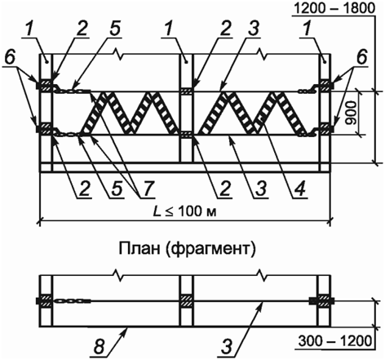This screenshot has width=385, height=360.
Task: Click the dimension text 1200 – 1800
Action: pyautogui.click(x=334, y=9)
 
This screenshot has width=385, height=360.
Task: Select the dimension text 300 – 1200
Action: pyautogui.click(x=334, y=340)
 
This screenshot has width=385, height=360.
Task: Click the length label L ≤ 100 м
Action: pyautogui.click(x=185, y=211)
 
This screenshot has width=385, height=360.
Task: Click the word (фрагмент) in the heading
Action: pyautogui.click(x=209, y=250)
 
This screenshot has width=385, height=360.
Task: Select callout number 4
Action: pyautogui.click(x=299, y=189)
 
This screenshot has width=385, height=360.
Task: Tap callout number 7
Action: pyautogui.click(x=147, y=189)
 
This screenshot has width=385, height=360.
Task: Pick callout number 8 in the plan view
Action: pyautogui.click(x=100, y=347)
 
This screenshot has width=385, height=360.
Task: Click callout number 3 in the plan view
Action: pyautogui.click(x=228, y=347)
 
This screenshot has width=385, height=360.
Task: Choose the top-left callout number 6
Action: pyautogui.click(x=11, y=57)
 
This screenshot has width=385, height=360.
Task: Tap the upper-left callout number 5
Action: pyautogui.click(x=115, y=29)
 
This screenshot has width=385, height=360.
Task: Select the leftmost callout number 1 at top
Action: pyautogui.click(x=32, y=29)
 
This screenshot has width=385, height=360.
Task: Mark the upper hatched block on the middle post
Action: pyautogui.click(x=186, y=91)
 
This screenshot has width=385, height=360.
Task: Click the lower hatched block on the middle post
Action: pyautogui.click(x=186, y=135)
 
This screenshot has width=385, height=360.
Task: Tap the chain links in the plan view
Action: pyautogui.click(x=72, y=301)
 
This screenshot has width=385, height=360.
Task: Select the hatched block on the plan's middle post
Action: pyautogui.click(x=186, y=301)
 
